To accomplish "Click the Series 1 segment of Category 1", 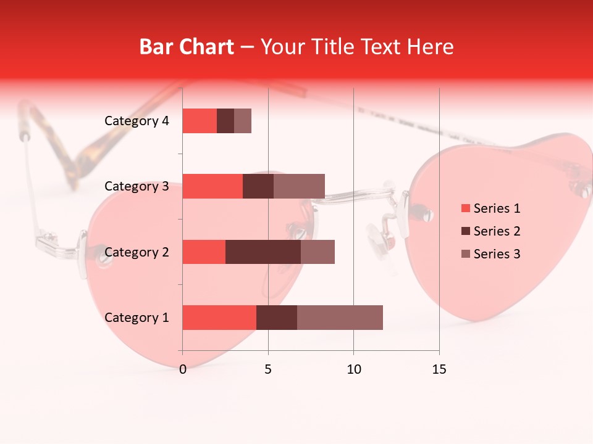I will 219,318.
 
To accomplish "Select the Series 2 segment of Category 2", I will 263,252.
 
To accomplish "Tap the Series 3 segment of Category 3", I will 299,186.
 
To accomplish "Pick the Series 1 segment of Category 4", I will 200,121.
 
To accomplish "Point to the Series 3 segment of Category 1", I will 340,318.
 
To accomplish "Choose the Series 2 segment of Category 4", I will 225,121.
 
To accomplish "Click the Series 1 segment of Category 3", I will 212,186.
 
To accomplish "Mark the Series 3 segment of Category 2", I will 318,252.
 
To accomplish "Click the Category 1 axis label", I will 137,318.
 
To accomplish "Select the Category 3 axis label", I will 137,186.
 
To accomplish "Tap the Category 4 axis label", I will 137,121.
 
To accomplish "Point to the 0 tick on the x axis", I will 183,369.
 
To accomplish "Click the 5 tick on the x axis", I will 268,369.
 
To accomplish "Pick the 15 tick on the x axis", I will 439,369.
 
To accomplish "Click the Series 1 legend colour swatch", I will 465,208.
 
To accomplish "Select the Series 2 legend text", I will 497,231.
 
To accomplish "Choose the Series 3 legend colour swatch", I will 465,254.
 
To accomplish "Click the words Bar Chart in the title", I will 187,47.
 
